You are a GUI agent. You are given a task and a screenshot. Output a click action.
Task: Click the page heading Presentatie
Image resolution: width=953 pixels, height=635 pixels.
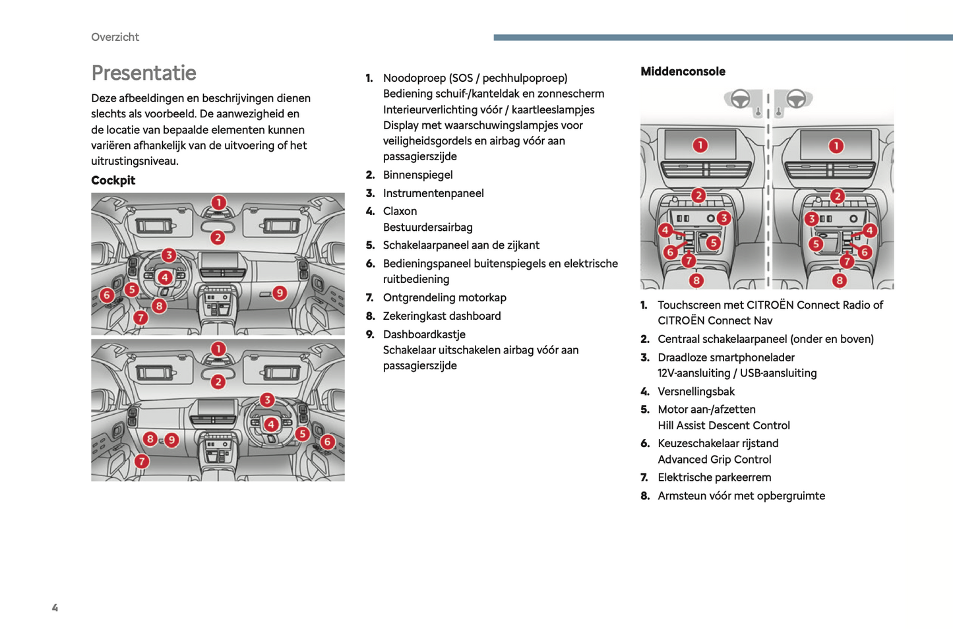point(144,73)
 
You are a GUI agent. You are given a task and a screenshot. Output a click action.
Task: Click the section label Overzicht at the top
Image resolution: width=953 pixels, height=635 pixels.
point(115,37)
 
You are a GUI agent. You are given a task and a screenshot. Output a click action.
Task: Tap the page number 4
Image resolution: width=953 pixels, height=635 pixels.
point(55,607)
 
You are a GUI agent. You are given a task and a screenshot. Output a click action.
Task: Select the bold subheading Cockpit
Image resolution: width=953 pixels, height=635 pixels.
point(113,180)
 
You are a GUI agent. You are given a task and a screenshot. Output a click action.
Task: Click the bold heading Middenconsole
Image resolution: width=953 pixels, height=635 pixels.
point(683,71)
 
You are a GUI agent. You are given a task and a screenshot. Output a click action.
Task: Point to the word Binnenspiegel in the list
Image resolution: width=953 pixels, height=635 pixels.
point(417,175)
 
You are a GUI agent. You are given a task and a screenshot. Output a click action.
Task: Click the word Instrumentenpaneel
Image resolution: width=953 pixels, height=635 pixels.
point(433,193)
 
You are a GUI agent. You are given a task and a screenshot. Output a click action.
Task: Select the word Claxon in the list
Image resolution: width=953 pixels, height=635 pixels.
point(400,211)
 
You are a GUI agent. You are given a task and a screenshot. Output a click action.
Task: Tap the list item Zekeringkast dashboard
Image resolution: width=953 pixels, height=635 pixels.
point(442,316)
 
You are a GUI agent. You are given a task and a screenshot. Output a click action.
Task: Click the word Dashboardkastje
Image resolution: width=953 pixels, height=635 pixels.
point(424,334)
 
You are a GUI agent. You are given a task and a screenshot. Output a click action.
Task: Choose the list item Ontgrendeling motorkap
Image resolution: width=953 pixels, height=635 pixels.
point(445,297)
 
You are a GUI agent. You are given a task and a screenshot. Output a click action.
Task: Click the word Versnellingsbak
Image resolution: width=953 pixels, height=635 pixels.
point(696,391)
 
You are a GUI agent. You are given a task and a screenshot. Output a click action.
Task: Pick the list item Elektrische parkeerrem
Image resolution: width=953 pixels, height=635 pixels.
point(714,477)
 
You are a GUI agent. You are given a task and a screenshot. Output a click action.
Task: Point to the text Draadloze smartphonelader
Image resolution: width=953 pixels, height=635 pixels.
point(726,357)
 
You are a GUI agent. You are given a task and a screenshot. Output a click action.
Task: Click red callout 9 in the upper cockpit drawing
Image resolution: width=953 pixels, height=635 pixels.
point(280,293)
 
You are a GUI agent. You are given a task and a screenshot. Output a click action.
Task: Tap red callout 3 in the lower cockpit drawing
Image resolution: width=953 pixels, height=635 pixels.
point(266,400)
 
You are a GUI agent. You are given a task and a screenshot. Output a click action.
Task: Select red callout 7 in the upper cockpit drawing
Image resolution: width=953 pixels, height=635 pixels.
point(140,318)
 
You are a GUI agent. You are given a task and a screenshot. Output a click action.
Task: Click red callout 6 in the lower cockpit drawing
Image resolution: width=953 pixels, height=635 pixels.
point(327,442)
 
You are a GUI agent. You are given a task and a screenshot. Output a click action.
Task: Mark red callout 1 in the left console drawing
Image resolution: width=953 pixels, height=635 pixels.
point(700,145)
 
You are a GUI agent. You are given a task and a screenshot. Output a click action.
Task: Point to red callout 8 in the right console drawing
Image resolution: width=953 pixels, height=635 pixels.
point(839,280)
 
